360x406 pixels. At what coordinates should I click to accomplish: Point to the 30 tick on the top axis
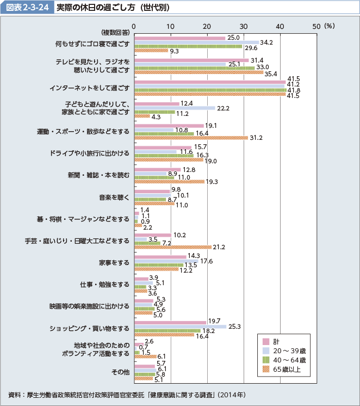pyautogui.click(x=244, y=25)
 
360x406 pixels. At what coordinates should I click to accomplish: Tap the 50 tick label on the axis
pyautogui.click(x=316, y=25)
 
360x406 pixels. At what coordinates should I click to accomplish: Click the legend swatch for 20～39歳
pyautogui.click(x=266, y=351)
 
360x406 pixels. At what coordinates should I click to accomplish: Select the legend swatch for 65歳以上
pyautogui.click(x=266, y=370)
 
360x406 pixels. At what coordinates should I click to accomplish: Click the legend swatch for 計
pyautogui.click(x=266, y=341)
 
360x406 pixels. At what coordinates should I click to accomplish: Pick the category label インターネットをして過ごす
pyautogui.click(x=89, y=88)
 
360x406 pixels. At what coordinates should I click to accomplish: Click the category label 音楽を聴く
pyautogui.click(x=114, y=196)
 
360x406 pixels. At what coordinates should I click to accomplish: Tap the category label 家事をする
pyautogui.click(x=114, y=262)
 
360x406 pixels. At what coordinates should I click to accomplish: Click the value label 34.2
pyautogui.click(x=266, y=42)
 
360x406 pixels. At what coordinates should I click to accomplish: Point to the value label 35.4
pyautogui.click(x=271, y=73)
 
